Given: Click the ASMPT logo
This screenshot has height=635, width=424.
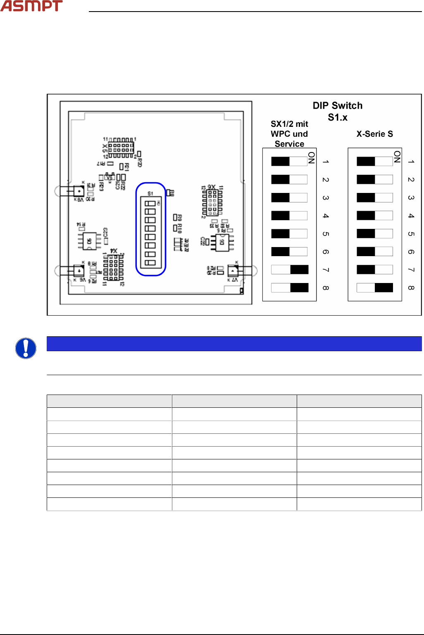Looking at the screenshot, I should (31, 6).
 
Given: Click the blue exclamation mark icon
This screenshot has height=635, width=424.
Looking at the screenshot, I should (26, 348).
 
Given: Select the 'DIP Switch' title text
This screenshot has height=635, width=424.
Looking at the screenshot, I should (337, 106).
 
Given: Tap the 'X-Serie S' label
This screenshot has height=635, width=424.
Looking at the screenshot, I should (374, 134).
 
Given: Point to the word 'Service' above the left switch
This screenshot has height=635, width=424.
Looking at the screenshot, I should (289, 144).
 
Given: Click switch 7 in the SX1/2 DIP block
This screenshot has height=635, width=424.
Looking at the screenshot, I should (290, 270).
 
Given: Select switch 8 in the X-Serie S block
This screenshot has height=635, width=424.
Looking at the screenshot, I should (375, 288).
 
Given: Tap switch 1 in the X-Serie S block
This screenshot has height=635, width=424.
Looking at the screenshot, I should (375, 161).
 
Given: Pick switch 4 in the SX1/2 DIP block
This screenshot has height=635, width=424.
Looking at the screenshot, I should (290, 216).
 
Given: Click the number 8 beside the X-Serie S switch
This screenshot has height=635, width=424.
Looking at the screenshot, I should (411, 288).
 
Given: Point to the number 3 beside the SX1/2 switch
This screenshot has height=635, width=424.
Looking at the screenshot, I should (326, 198).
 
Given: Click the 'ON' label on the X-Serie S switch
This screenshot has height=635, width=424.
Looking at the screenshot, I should (397, 157).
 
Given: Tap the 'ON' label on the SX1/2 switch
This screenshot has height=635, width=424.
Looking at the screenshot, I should (311, 157).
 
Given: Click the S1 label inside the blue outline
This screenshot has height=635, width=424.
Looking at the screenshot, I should (150, 193).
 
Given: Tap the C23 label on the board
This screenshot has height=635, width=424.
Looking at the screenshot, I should (105, 232).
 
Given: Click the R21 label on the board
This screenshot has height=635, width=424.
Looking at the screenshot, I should (126, 166).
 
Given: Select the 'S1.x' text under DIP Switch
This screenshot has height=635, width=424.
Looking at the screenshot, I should (338, 118).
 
